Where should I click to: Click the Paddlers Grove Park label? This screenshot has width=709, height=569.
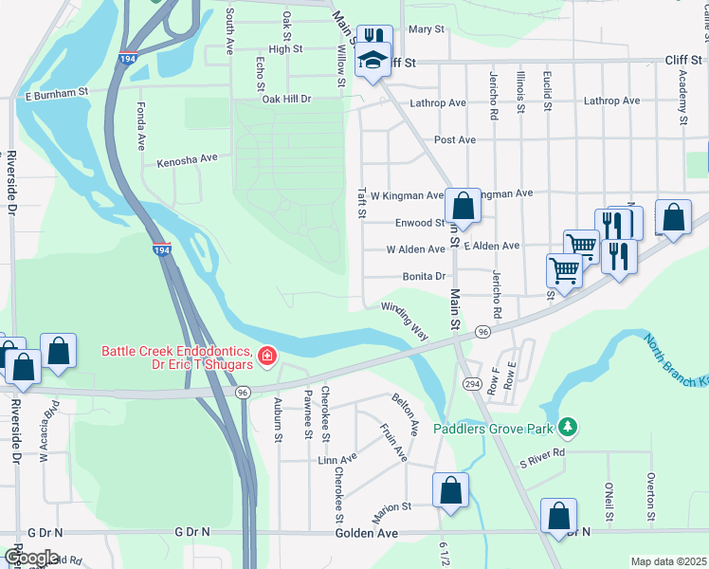[x=493, y=429]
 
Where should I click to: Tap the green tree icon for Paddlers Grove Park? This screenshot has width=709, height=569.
[x=568, y=428]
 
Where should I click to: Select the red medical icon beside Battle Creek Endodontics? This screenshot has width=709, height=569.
[x=267, y=357]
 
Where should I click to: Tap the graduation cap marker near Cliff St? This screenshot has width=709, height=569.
[x=373, y=62]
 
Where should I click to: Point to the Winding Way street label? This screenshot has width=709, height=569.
[x=406, y=321]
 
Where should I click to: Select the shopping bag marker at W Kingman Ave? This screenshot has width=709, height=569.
[x=463, y=206]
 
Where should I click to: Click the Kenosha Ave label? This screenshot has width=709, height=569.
[x=188, y=158]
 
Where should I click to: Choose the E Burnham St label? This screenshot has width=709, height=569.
[x=56, y=94]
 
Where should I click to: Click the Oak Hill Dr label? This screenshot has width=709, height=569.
[x=287, y=99]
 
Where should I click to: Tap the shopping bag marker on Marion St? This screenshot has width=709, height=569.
[x=450, y=491]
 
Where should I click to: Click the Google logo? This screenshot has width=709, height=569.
[x=31, y=558]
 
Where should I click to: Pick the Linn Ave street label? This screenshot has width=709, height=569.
[x=337, y=458]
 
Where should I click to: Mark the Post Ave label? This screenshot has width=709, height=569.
[x=454, y=139]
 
